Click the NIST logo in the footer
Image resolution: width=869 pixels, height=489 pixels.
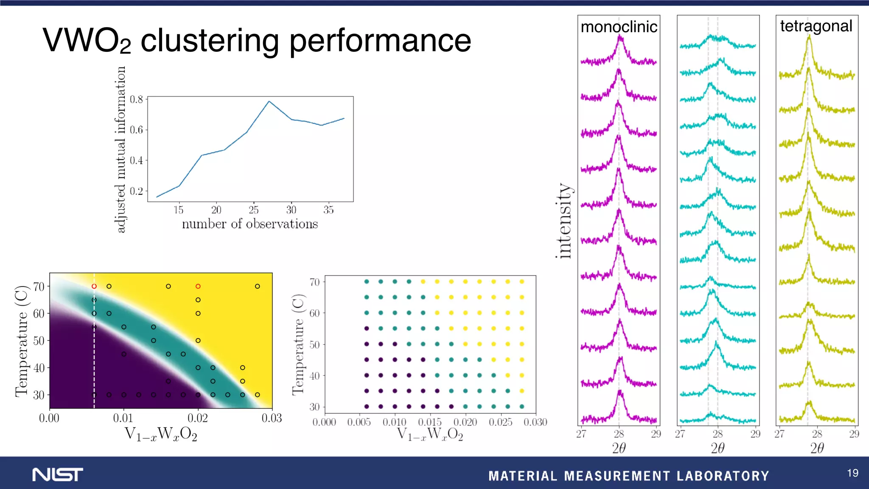click(x=58, y=475)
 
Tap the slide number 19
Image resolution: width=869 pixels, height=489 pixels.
click(x=852, y=473)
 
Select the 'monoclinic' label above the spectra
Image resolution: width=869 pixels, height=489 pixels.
click(x=619, y=27)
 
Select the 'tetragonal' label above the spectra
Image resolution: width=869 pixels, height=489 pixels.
click(x=816, y=26)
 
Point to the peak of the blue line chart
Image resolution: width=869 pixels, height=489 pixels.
click(x=269, y=101)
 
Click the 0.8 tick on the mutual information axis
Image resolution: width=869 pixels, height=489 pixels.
click(x=136, y=99)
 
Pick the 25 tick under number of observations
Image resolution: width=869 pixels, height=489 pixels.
click(x=253, y=210)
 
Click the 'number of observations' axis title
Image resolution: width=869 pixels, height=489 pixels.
click(x=249, y=224)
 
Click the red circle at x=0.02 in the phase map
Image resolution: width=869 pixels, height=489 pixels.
click(x=198, y=287)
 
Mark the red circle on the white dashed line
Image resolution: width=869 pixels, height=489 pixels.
click(x=94, y=287)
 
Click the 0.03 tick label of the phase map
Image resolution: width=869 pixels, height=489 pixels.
click(x=272, y=418)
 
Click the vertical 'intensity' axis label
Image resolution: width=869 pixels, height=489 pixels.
click(x=564, y=221)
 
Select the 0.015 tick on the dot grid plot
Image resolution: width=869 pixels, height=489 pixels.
click(x=430, y=422)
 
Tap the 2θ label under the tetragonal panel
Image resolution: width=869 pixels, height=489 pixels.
click(x=817, y=448)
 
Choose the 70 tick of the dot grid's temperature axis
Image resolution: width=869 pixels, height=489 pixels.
click(x=314, y=282)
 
